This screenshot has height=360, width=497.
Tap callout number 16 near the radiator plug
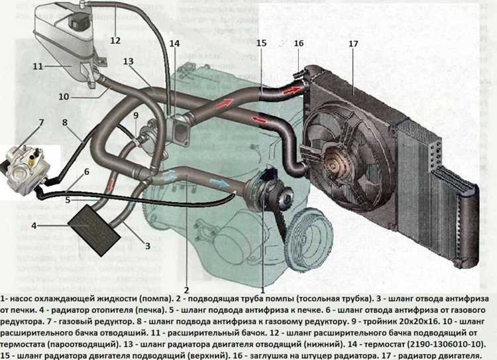[x=299, y=43]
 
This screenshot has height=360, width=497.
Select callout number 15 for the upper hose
[x=261, y=43]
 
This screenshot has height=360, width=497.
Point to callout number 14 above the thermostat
[x=174, y=44]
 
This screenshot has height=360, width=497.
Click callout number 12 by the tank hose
[x=115, y=40]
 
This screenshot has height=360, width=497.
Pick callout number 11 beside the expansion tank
[x=38, y=66]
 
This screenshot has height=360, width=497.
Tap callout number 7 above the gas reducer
[x=41, y=123]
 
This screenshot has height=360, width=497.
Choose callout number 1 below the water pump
[x=263, y=290]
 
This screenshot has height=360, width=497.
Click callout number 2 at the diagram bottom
[x=187, y=290]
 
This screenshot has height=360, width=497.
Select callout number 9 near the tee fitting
[x=135, y=115]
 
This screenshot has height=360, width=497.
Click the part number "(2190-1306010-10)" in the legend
[x=441, y=343]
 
